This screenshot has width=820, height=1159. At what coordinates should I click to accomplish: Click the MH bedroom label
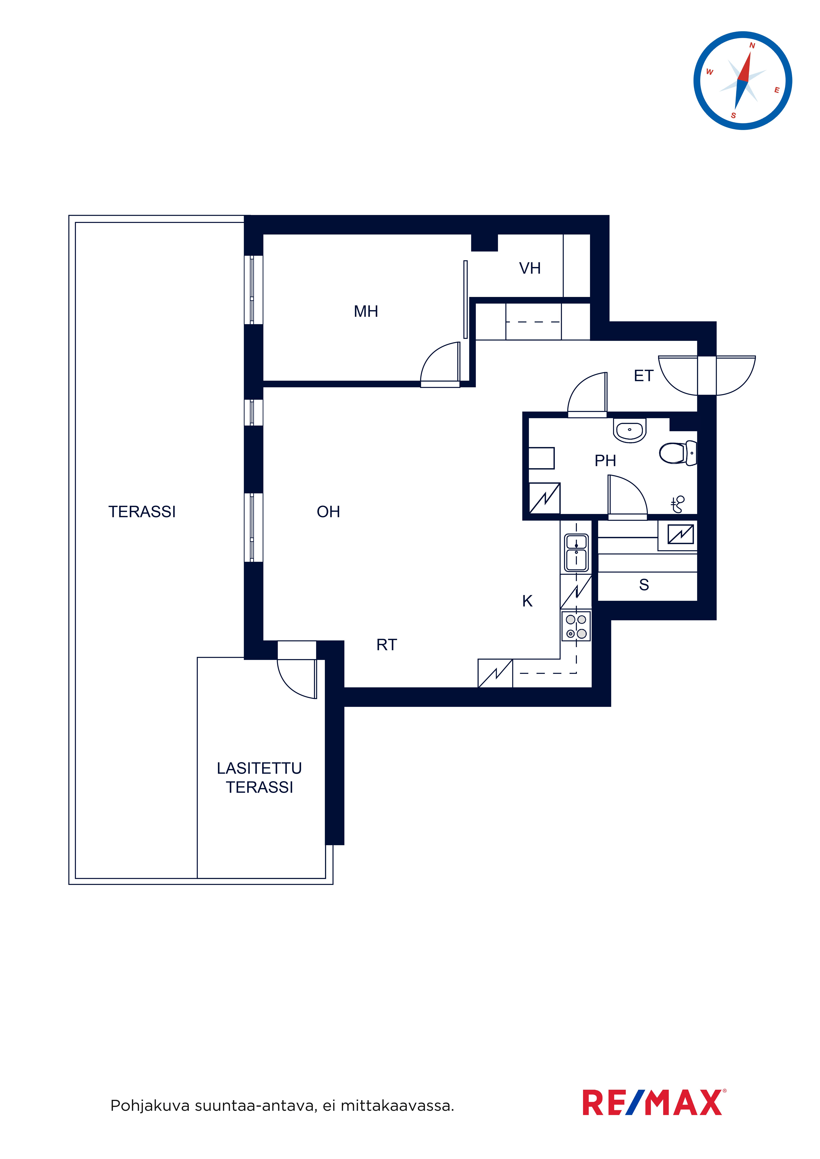click(366, 311)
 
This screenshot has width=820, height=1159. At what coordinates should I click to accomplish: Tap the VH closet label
click(530, 268)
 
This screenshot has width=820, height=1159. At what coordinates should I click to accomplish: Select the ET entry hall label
click(644, 376)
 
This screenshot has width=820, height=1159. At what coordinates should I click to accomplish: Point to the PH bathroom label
click(605, 460)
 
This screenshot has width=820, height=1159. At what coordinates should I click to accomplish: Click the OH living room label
click(328, 512)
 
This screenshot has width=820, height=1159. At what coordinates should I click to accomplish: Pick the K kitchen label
click(528, 601)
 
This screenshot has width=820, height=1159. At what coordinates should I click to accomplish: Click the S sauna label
click(644, 585)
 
